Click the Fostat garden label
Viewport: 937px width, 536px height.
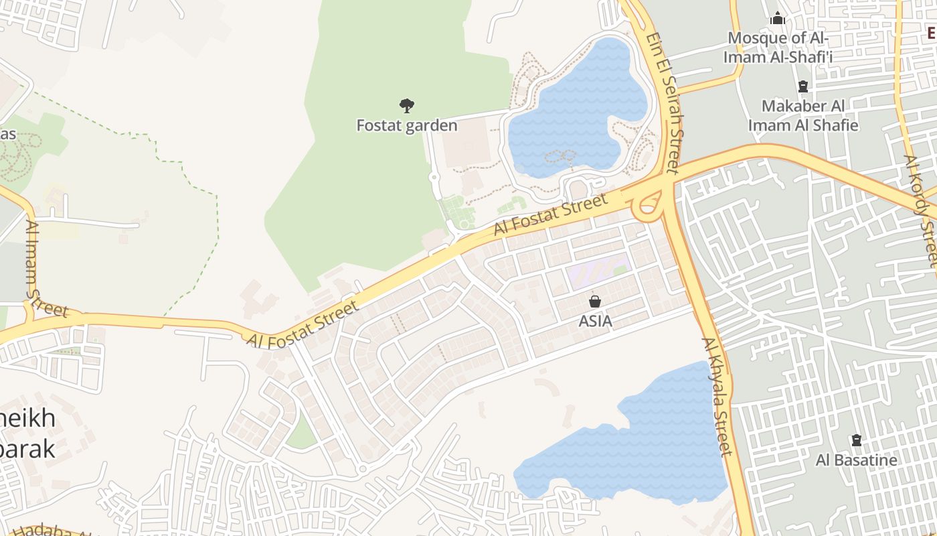[x=407, y=125]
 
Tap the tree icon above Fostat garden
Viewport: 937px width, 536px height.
[x=406, y=105]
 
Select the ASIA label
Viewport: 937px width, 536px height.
[x=595, y=321]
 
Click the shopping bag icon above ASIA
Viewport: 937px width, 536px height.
[x=594, y=301]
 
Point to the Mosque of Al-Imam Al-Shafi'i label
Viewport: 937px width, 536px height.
[x=778, y=47]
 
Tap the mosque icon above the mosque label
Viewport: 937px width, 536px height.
[x=778, y=18]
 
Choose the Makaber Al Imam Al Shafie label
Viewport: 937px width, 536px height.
[x=803, y=115]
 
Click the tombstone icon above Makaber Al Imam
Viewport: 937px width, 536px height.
[x=803, y=86]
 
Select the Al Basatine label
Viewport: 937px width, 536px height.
[x=856, y=460]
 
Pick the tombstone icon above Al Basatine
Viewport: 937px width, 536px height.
[x=856, y=441]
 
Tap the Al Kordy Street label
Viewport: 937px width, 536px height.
[x=921, y=210]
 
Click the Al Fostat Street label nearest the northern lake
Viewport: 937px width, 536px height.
[x=551, y=214]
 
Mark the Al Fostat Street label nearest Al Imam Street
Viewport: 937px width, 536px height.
[x=302, y=325]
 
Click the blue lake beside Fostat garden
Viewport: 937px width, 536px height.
[x=569, y=107]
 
